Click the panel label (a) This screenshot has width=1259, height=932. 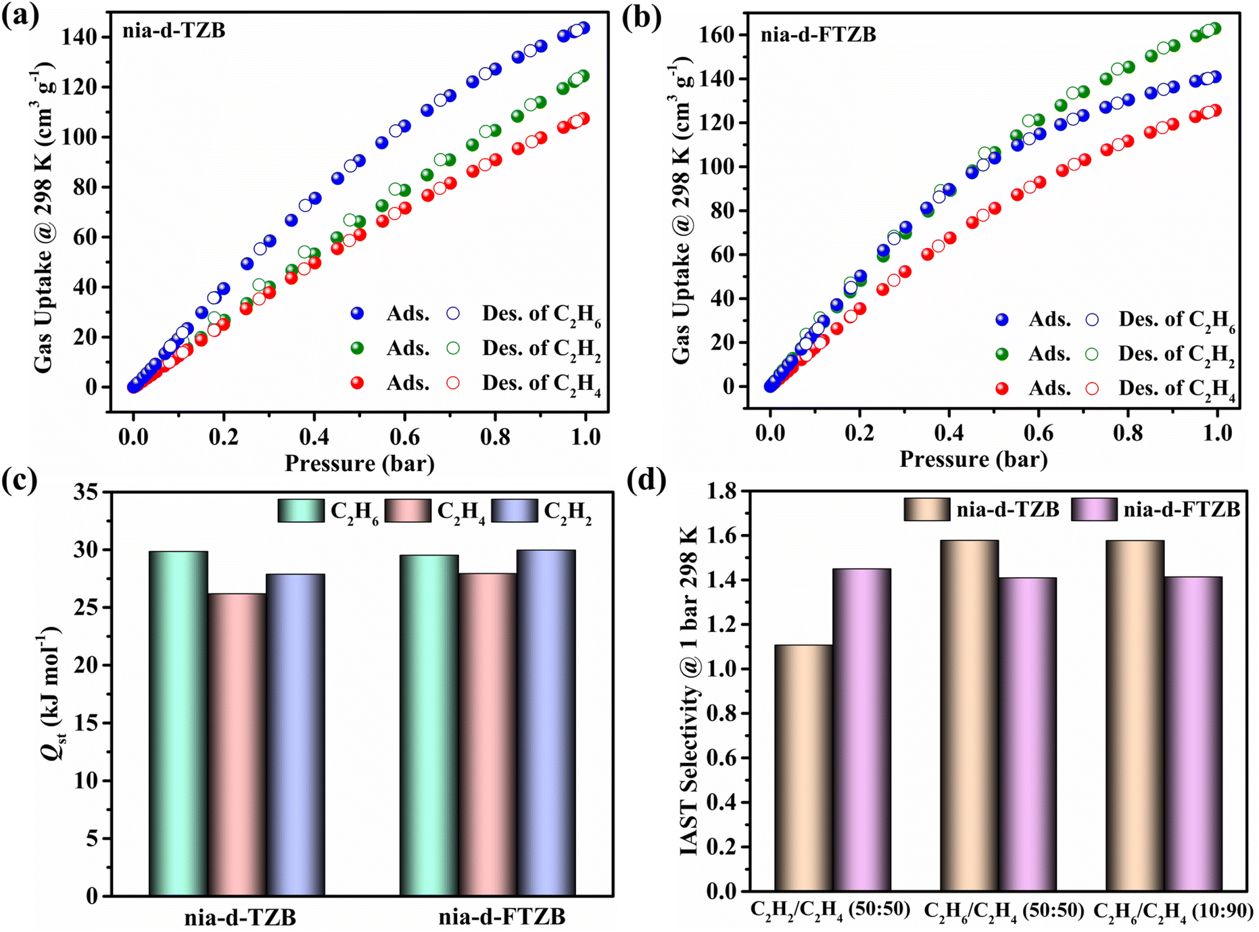coord(20,15)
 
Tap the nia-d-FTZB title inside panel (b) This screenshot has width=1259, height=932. coord(818,34)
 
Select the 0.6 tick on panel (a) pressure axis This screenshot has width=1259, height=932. coord(404,437)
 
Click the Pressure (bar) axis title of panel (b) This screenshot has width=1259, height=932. coord(973,460)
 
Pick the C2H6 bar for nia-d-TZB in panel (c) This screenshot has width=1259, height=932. coord(178,723)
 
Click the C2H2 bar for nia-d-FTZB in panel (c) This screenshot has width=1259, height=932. coord(546,723)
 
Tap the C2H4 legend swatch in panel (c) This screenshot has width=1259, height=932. coord(408,511)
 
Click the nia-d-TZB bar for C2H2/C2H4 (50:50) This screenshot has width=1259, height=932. coord(803,768)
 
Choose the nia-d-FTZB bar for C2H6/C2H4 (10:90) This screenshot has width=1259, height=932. coord(1193,733)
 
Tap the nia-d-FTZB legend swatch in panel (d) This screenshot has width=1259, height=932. coord(1094,510)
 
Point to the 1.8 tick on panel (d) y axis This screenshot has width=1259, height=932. coord(724,491)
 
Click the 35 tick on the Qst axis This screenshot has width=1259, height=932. coord(86,492)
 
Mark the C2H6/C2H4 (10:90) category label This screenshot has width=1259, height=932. coord(1173,911)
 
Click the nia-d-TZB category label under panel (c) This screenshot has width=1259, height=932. coord(240,917)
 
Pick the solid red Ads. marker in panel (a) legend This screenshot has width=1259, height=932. coord(357,383)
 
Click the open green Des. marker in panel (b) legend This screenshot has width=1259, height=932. coord(1091,353)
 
